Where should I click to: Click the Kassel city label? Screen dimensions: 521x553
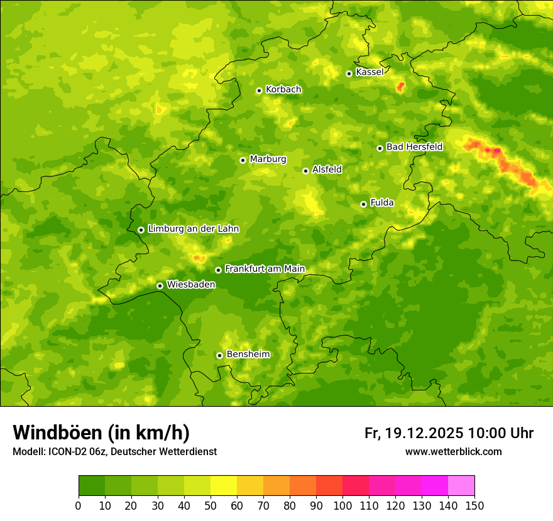point(370,72)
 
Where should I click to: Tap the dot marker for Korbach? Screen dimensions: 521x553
point(259,90)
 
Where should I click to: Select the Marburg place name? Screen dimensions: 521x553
point(268,159)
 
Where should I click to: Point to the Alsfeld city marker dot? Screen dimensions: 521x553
point(306,171)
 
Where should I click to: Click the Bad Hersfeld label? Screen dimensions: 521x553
point(414,147)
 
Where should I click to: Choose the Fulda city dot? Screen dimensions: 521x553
point(363,204)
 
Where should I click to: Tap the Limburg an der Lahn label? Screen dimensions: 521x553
point(193,229)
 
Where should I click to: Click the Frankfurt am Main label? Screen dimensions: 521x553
point(265,269)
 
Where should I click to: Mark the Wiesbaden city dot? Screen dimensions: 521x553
point(160,286)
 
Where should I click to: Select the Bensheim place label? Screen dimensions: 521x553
point(248,354)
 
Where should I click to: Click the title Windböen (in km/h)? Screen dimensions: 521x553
point(101,432)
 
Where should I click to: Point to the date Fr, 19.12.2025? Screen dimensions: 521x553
point(414,433)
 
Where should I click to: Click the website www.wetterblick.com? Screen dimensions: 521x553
point(453,451)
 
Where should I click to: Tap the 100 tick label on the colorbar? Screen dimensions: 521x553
point(342,505)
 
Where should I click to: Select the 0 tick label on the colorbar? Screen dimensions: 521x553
point(79,505)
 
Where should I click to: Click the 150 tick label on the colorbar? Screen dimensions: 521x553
point(474,505)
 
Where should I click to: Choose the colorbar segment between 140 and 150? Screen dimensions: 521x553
point(461,486)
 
